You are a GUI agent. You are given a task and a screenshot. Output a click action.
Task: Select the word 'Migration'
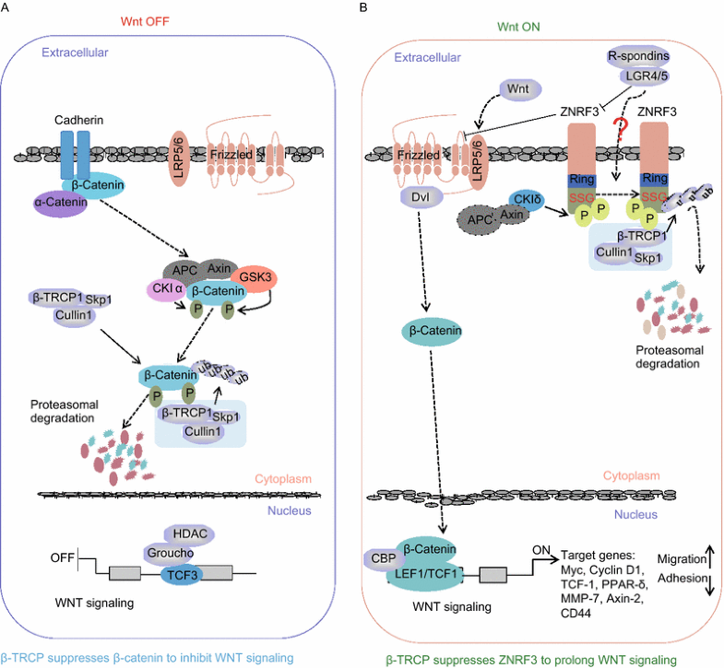pyautogui.click(x=682, y=558)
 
